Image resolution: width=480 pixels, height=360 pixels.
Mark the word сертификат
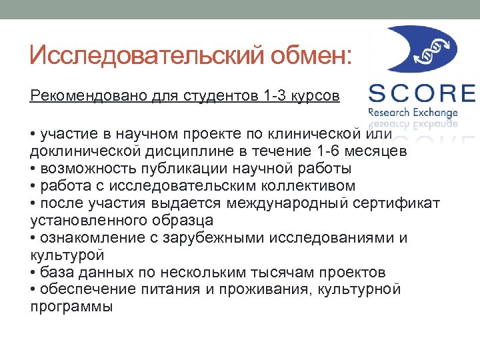coord(401,203)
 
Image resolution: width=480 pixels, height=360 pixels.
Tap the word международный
coord(289,203)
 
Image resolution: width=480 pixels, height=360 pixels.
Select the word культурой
coord(59,255)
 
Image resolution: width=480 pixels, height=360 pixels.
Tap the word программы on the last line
coord(71,307)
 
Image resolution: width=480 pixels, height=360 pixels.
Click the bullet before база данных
coord(33,273)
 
